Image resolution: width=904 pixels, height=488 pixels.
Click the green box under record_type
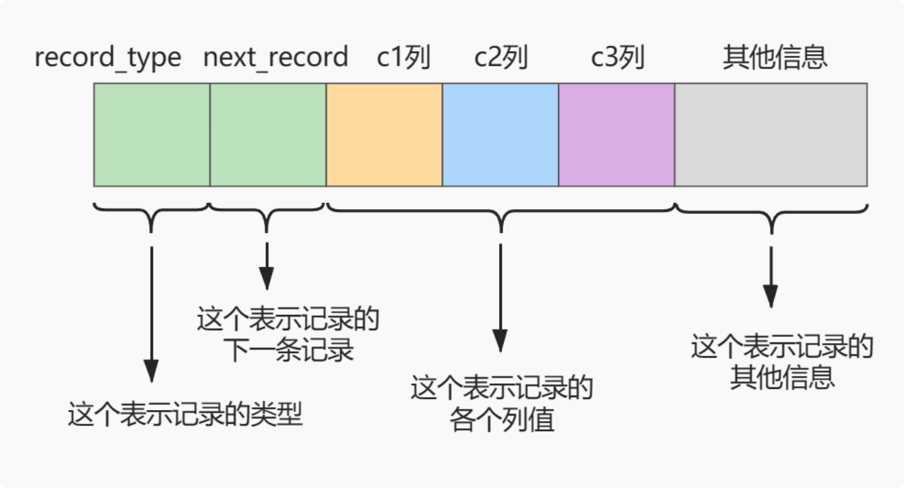coord(152,135)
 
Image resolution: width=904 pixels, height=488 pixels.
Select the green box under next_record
coord(268,135)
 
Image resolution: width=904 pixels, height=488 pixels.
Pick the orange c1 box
coord(384,135)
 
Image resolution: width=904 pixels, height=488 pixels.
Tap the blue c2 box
coord(501,135)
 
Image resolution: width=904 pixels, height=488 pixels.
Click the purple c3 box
coord(617,135)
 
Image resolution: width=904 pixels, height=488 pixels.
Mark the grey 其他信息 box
coord(771,135)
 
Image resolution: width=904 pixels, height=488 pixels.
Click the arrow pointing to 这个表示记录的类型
coord(151,314)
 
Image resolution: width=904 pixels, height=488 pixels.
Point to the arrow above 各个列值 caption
coord(501,297)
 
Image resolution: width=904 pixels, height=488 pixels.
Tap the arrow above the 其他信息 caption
coord(771,277)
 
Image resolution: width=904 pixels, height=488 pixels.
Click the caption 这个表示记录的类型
coord(185,414)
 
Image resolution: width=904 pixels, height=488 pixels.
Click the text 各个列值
coord(501,420)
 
